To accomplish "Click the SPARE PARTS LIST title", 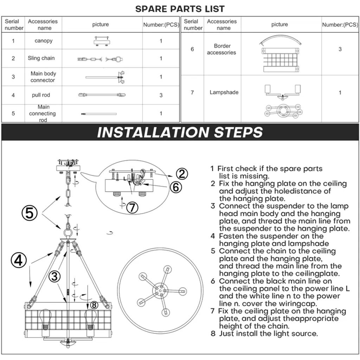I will [180, 9].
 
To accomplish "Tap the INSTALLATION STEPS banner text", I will [180, 132].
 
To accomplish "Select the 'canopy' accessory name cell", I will [44, 41].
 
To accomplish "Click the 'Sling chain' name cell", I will [41, 58].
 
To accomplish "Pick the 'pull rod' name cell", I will [41, 95].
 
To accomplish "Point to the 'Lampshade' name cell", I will [224, 92].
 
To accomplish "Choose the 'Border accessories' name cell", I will [221, 49].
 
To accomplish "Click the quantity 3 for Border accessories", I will [340, 49].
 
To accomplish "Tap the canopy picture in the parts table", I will [102, 40].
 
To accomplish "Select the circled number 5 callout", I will [30, 213].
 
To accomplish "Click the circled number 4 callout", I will [19, 261].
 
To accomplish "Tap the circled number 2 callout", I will [181, 173].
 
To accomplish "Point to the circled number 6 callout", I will [176, 187].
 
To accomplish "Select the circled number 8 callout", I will [94, 305].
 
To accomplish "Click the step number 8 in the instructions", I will [213, 334].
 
